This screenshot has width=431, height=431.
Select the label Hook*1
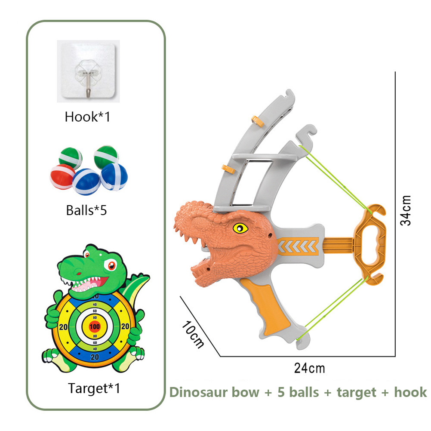87,117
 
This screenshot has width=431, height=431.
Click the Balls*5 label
86,211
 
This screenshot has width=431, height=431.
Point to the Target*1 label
94,389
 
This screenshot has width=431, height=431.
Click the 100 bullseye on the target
95,326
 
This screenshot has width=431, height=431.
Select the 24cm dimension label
310,368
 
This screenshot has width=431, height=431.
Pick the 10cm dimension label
192,334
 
